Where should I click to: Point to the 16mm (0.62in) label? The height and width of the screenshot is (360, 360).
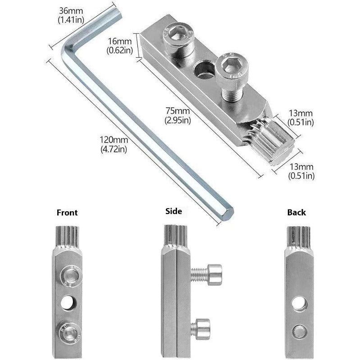(120, 46)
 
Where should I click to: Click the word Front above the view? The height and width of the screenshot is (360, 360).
(67, 213)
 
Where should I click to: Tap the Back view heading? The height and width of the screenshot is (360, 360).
(296, 212)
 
